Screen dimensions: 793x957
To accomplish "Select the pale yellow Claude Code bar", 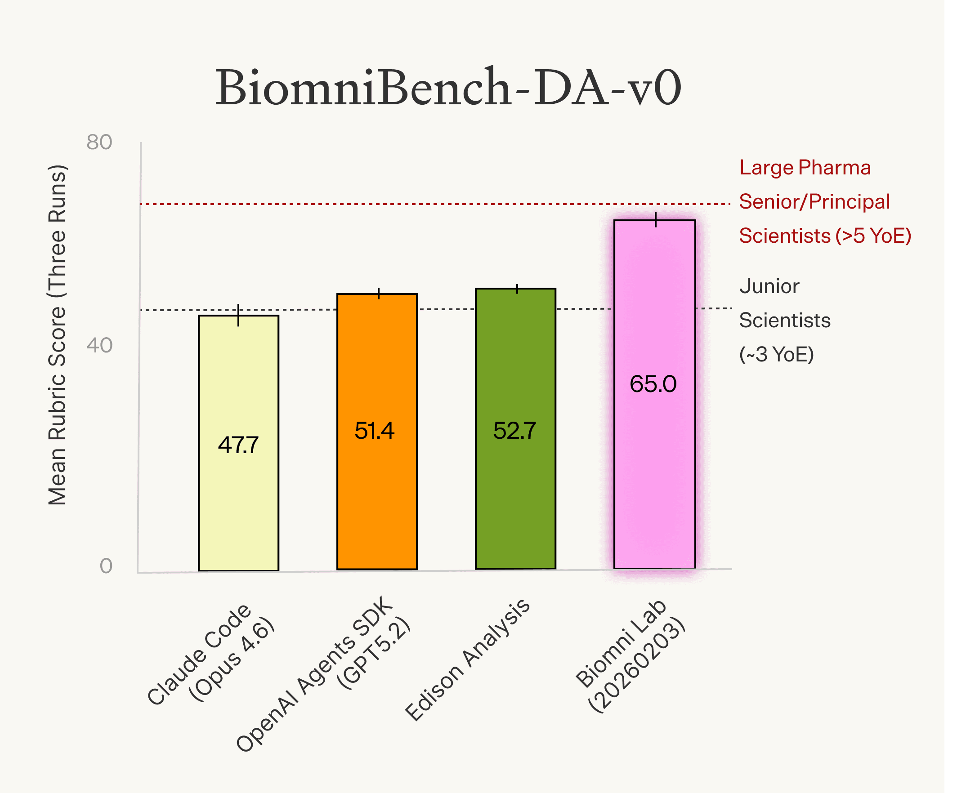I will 238,501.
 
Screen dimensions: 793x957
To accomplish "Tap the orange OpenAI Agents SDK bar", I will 377,501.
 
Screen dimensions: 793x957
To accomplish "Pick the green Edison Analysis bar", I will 515,501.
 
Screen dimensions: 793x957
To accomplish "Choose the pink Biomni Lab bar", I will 654,478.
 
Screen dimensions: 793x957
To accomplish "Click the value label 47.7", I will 238,445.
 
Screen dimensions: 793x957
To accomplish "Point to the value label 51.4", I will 375,430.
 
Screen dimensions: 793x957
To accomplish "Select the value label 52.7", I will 514,430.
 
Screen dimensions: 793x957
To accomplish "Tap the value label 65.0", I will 653,383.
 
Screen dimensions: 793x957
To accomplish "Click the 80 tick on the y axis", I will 99,142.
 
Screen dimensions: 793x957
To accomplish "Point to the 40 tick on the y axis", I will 99,345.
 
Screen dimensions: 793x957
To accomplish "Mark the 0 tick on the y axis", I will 106,566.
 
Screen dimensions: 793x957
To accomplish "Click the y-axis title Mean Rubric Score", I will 58,335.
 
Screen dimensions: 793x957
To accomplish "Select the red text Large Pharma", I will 805,168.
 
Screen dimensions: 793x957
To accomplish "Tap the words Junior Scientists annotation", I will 784,303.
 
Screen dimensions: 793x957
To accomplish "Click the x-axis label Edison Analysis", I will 467,660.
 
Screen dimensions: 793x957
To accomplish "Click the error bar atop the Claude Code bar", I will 238,315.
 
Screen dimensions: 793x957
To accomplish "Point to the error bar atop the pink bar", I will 656,219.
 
